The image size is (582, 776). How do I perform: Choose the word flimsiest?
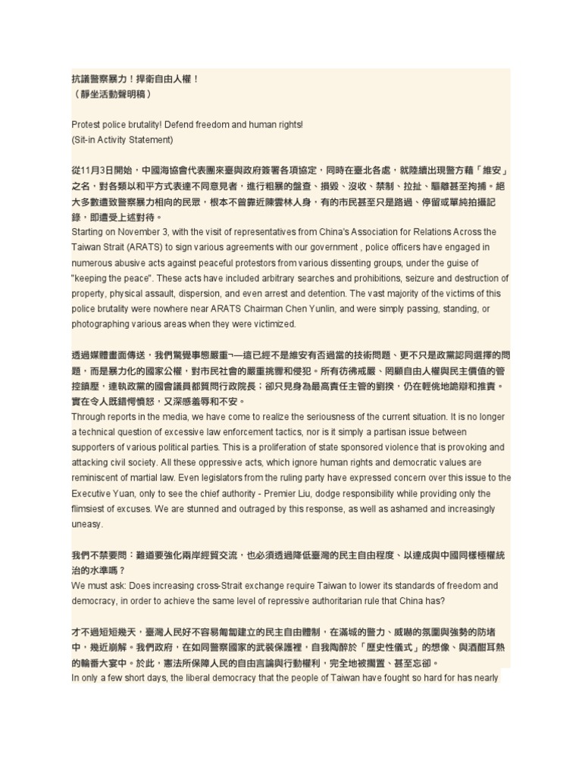(x=90, y=508)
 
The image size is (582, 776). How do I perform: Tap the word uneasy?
(x=88, y=524)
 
